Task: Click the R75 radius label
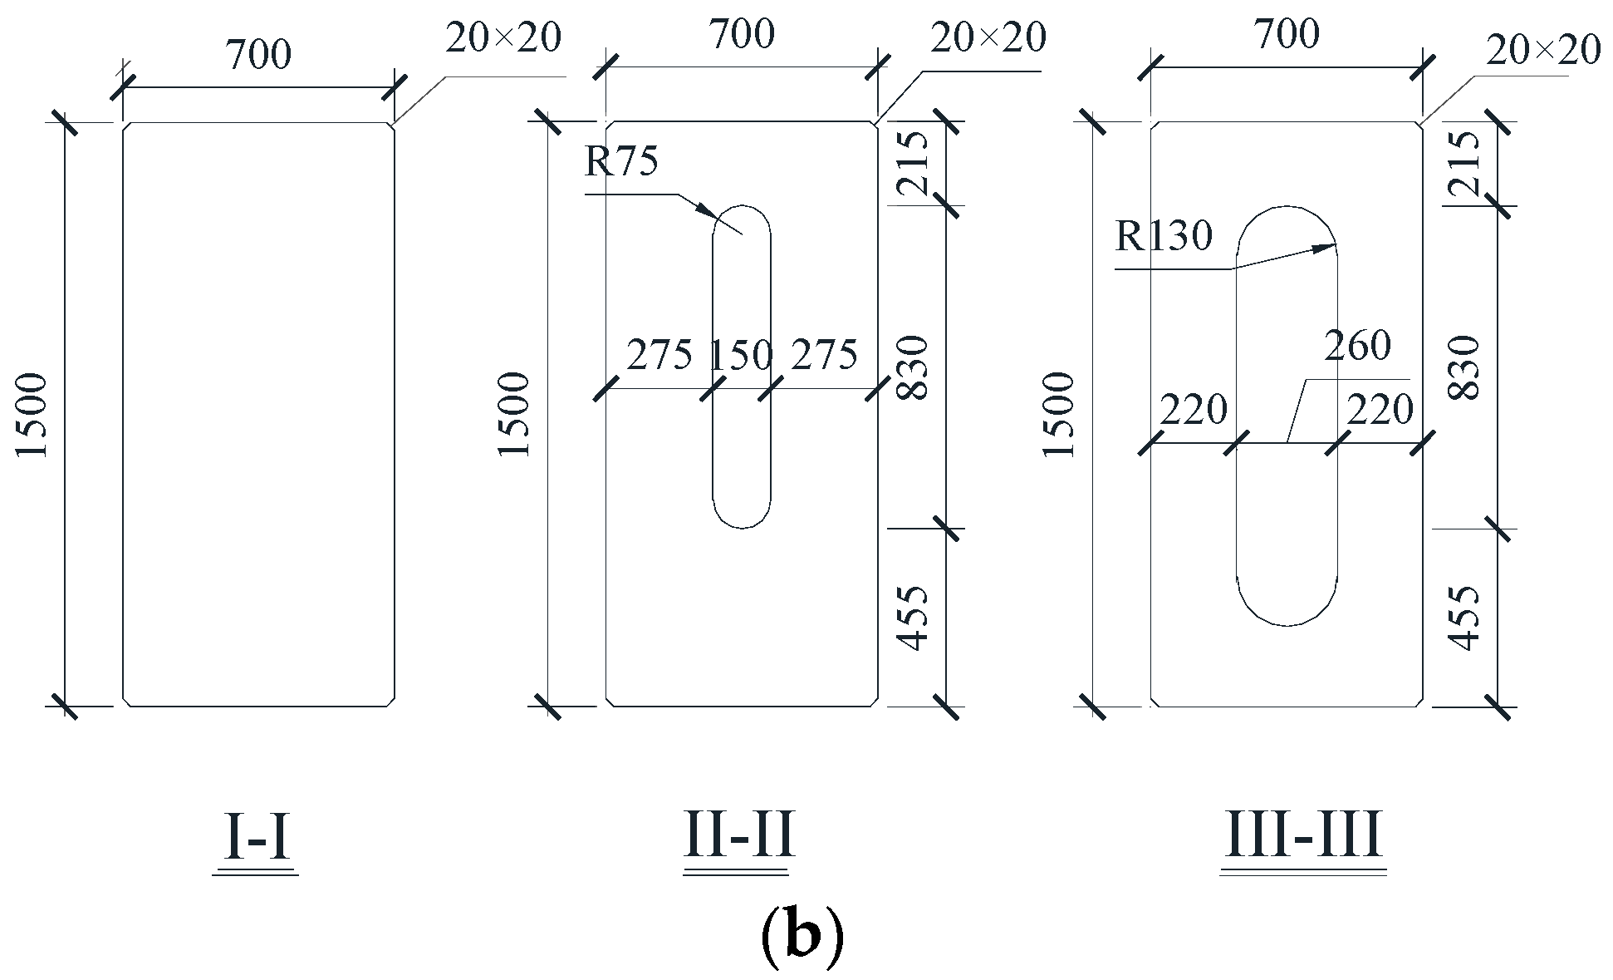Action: [x=621, y=161]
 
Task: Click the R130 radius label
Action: [x=1164, y=237]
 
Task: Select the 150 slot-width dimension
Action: [x=741, y=356]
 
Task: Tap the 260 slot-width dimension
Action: [x=1357, y=346]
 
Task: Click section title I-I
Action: [x=256, y=838]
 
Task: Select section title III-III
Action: [x=1303, y=836]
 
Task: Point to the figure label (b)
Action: [x=802, y=936]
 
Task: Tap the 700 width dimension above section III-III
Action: [x=1287, y=35]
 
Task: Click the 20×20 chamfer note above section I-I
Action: [x=503, y=39]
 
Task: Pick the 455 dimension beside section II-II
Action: [x=914, y=618]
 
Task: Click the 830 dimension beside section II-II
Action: [x=914, y=367]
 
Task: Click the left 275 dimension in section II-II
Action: [x=659, y=356]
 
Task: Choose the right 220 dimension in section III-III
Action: [x=1380, y=411]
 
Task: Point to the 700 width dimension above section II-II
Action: [x=742, y=35]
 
